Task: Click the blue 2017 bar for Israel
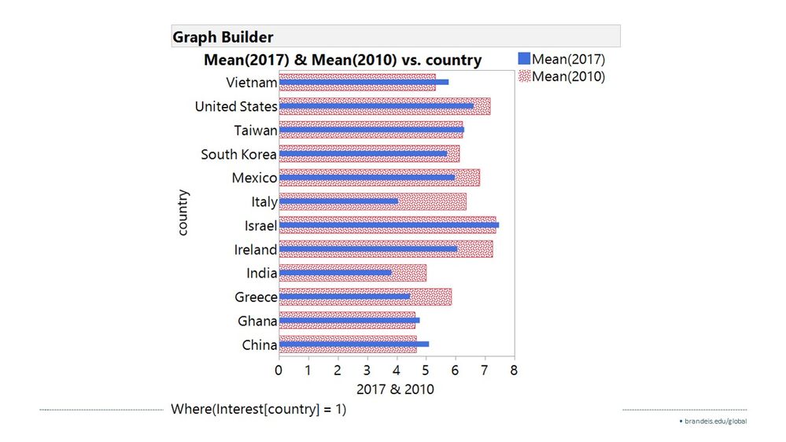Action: (389, 225)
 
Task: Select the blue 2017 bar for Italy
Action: (338, 201)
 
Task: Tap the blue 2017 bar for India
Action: (335, 273)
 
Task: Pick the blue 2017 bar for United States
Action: (376, 106)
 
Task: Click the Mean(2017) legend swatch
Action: (525, 59)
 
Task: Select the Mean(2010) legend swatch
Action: (525, 76)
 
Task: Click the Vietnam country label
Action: (251, 83)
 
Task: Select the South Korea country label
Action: (238, 154)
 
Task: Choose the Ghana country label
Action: (257, 321)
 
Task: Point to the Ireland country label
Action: (256, 250)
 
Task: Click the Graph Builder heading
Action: (223, 37)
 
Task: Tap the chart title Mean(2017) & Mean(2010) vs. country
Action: (342, 61)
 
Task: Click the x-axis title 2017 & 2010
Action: (395, 389)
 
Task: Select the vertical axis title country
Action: (183, 212)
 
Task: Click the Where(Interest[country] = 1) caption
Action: (258, 409)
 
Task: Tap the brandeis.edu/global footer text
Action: (714, 422)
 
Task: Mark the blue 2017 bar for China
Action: (353, 344)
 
